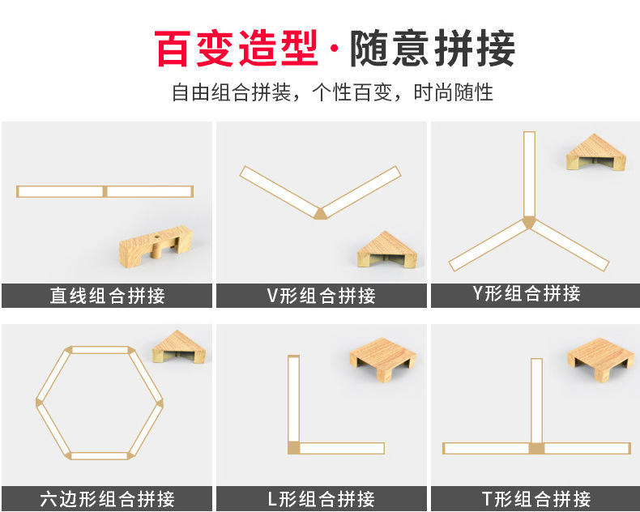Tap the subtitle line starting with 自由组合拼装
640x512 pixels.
(x=332, y=92)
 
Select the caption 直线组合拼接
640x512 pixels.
(x=107, y=296)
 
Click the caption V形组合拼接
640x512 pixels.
(x=321, y=296)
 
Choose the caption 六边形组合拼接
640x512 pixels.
(x=107, y=498)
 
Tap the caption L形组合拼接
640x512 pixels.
(x=321, y=498)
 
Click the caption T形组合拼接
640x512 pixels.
(x=535, y=498)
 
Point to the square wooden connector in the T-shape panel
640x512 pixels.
(x=600, y=358)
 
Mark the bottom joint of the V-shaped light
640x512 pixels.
(x=321, y=213)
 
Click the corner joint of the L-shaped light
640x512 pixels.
(x=293, y=448)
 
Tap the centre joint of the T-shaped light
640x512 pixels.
(x=535, y=448)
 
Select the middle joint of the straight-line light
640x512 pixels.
(x=105, y=191)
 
